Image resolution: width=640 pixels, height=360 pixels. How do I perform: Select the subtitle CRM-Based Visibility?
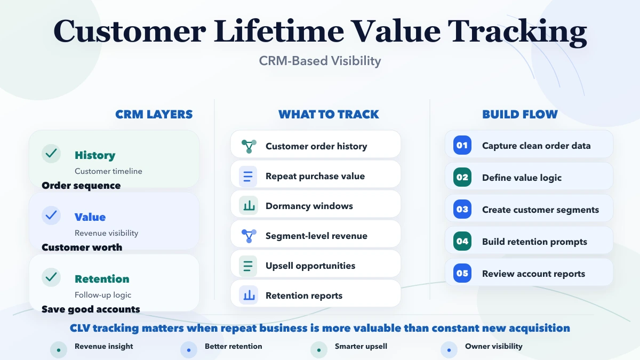pos(320,61)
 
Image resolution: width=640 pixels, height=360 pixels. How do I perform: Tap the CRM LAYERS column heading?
pos(154,114)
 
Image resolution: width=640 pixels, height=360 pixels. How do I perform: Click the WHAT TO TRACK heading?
pos(329,114)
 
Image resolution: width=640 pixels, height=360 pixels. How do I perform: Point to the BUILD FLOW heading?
pos(520,114)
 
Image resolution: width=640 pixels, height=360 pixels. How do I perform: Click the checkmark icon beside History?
pos(51,154)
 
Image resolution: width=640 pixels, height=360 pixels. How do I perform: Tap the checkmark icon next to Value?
pos(51,215)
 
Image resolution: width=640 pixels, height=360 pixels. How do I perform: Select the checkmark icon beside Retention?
pos(51,277)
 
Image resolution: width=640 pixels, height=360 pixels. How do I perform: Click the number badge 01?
pos(462,145)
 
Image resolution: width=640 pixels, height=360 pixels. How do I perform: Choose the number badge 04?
pos(462,241)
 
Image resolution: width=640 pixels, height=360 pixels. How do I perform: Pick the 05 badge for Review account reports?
pos(462,273)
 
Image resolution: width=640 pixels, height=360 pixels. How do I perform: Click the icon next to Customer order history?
pos(249,146)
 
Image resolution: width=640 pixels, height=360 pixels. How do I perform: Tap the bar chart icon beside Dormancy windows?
pos(249,206)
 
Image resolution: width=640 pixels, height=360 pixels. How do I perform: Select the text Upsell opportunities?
pos(310,266)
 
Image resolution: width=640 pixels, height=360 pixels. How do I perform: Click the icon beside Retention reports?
pos(249,295)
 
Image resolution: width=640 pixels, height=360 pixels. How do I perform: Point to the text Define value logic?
pos(522,178)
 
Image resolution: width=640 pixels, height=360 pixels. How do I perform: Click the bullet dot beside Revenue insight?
pos(59,350)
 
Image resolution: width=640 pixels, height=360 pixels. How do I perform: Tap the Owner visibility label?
pos(493,346)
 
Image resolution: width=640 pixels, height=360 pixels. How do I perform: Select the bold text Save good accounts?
pos(91,309)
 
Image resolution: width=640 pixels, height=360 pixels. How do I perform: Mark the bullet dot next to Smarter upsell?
pos(319,350)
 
